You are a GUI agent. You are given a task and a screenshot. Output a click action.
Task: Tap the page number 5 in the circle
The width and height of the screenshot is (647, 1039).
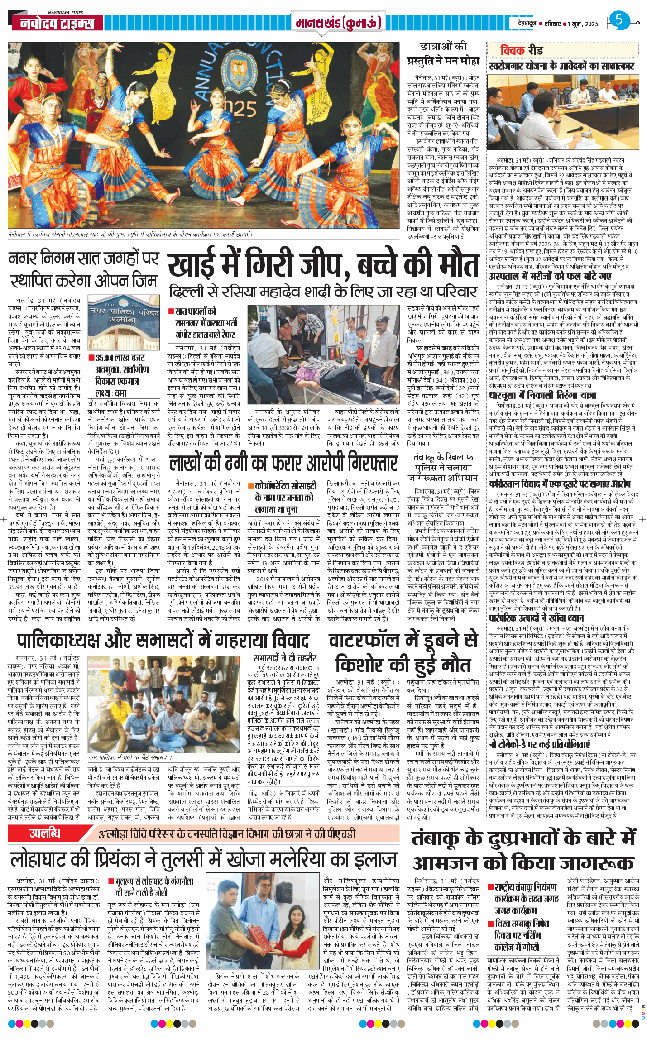coord(619,20)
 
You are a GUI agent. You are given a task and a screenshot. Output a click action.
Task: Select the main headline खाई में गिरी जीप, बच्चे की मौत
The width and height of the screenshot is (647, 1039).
coord(323,265)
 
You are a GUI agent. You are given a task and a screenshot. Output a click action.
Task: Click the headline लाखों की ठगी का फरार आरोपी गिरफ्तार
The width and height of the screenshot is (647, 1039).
coord(283,464)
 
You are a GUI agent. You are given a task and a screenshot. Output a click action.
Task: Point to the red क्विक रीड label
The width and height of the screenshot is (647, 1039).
coord(521,50)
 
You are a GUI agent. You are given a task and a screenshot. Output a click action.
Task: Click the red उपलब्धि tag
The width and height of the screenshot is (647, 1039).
coord(45,833)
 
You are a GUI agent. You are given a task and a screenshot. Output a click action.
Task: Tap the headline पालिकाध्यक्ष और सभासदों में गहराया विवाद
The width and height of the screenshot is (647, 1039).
coord(163,640)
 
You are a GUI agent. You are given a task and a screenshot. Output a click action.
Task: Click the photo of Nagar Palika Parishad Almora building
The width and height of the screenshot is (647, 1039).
coord(124,322)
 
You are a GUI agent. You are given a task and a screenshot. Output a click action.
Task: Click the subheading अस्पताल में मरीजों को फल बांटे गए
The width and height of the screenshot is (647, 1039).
coord(550,276)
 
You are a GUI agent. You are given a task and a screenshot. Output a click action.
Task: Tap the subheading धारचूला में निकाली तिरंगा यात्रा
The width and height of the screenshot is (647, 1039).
coord(542,395)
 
